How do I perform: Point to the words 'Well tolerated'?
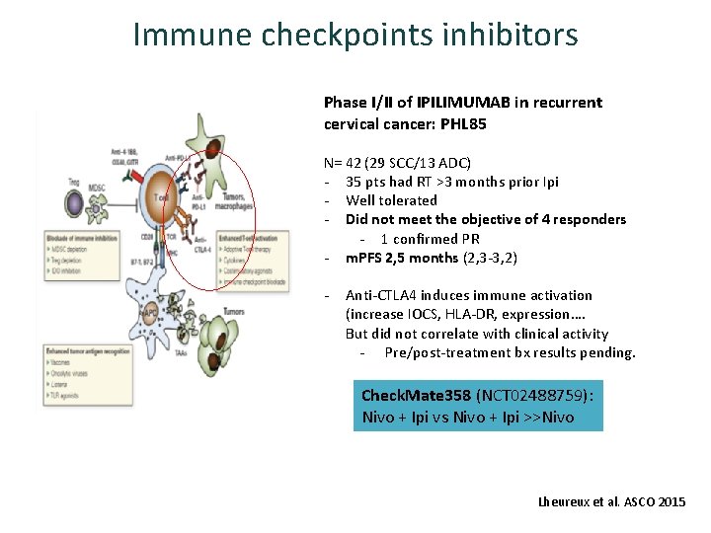tap(391, 200)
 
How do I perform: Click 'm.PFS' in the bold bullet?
tap(366, 258)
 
